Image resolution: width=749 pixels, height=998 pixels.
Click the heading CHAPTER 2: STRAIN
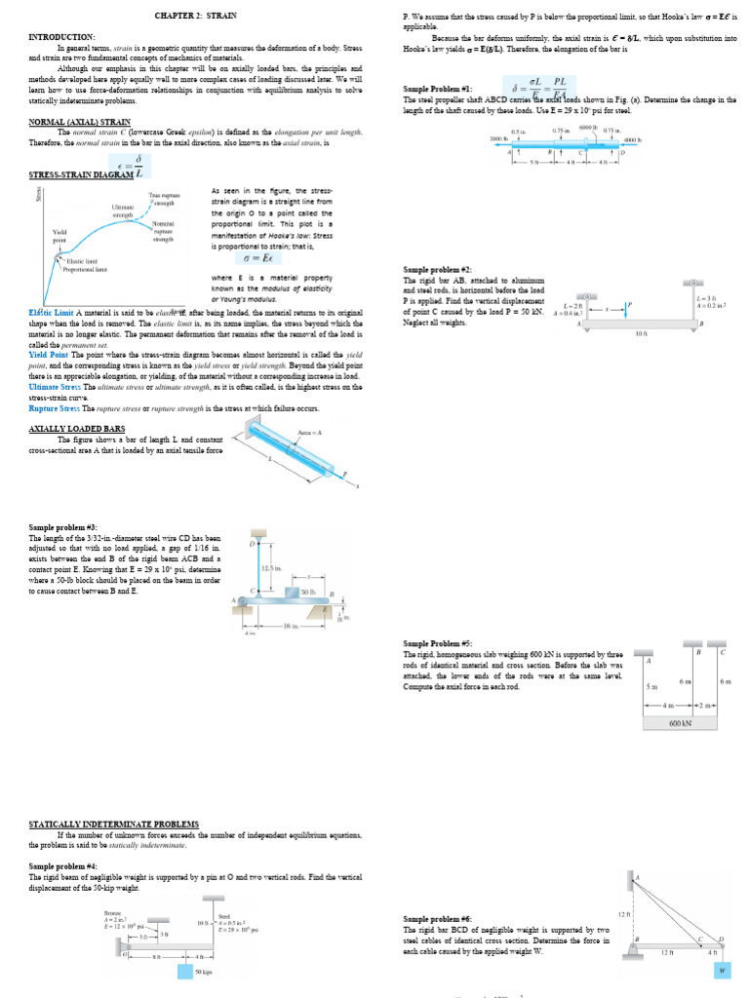[195, 16]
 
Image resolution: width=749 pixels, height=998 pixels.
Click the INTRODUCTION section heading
[62, 37]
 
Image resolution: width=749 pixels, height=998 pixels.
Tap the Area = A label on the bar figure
[310, 432]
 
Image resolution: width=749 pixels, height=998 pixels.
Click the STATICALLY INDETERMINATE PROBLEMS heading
[114, 825]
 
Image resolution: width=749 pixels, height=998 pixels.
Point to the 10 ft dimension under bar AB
[641, 334]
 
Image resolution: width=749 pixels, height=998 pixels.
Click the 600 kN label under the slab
[680, 723]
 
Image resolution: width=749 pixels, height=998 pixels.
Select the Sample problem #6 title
[438, 919]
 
